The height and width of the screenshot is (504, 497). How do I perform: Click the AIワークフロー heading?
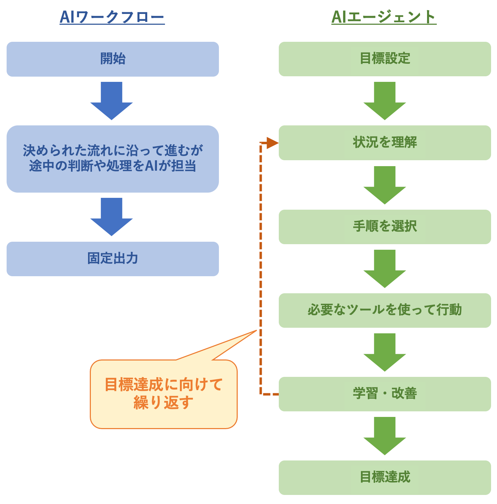112,17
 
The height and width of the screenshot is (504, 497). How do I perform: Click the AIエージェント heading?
384,17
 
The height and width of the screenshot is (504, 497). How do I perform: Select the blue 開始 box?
112,59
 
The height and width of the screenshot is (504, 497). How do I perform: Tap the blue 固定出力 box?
112,259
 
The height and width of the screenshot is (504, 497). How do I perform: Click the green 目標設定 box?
385,59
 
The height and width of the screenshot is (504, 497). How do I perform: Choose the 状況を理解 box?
385,142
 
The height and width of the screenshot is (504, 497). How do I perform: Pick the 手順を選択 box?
385,227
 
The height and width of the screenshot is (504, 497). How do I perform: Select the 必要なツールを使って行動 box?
385,310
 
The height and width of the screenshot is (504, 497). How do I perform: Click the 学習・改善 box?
385,394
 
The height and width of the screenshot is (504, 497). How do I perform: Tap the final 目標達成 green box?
385,477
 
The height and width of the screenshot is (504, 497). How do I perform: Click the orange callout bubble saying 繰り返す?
164,394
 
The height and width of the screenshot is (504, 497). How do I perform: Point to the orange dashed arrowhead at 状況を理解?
273,143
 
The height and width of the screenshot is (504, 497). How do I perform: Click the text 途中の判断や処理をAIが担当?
112,166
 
